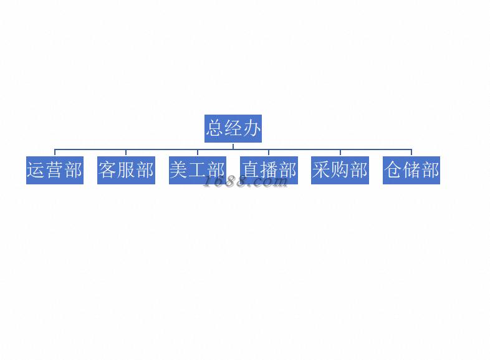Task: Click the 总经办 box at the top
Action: pyautogui.click(x=233, y=128)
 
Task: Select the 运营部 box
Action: pyautogui.click(x=55, y=170)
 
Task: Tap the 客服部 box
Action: pyautogui.click(x=126, y=170)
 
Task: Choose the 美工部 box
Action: pyautogui.click(x=198, y=170)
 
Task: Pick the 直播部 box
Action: pyautogui.click(x=269, y=170)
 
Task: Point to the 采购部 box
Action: pyautogui.click(x=340, y=170)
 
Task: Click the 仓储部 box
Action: pyautogui.click(x=411, y=170)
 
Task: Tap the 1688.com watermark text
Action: pyautogui.click(x=246, y=182)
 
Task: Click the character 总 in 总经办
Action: pyautogui.click(x=215, y=128)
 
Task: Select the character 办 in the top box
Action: pyautogui.click(x=252, y=128)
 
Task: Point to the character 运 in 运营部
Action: pyautogui.click(x=36, y=170)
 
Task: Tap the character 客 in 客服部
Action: pyautogui.click(x=107, y=170)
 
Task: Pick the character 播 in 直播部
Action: pyautogui.click(x=269, y=170)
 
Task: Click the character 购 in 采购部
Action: pyautogui.click(x=340, y=170)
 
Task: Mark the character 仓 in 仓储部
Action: pyautogui.click(x=393, y=170)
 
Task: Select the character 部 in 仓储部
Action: pyautogui.click(x=430, y=170)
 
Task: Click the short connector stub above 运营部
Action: pyautogui.click(x=55, y=153)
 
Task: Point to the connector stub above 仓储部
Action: pyautogui.click(x=411, y=153)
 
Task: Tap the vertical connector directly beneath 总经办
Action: pyautogui.click(x=233, y=146)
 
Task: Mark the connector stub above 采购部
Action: pyautogui.click(x=340, y=153)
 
